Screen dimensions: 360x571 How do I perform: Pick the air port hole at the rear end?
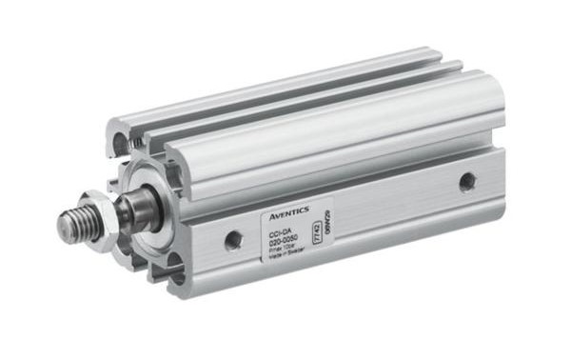pos(467,181)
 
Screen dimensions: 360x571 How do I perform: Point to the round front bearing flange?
pos(143,190)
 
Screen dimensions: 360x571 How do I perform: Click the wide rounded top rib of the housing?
pos(333,124)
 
